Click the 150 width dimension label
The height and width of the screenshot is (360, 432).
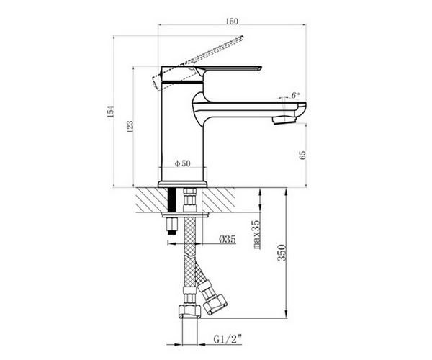pos(232,21)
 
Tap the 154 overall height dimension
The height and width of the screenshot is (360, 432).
pos(110,111)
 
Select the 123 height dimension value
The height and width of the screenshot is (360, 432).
pos(130,127)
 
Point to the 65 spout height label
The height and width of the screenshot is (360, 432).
pos(302,155)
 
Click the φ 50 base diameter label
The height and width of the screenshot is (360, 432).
pos(183,163)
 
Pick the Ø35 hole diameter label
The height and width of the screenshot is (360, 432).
pos(228,239)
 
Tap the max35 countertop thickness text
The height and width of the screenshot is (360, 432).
pos(256,235)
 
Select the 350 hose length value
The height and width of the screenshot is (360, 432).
pos(282,253)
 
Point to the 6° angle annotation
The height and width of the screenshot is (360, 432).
pos(295,95)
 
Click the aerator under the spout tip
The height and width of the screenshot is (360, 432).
pos(284,120)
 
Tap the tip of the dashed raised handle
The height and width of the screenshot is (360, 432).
pos(242,37)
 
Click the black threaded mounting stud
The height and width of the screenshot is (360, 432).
pos(172,200)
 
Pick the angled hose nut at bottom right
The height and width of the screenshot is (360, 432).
pos(215,305)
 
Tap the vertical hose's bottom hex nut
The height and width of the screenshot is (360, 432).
pos(190,312)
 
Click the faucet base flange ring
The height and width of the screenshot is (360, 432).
pos(182,184)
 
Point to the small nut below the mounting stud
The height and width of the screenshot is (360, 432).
pos(171,225)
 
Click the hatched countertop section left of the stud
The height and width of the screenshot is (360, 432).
pos(152,200)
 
